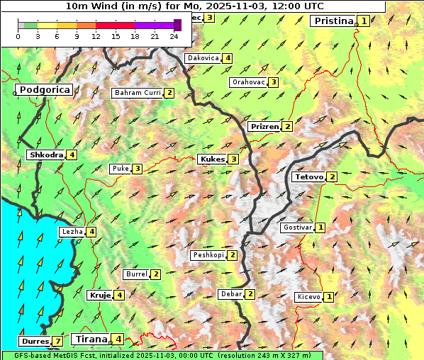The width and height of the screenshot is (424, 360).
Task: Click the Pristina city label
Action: click(x=333, y=21)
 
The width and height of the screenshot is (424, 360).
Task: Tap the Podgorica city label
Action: click(x=44, y=90)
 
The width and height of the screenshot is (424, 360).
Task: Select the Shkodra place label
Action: click(x=45, y=155)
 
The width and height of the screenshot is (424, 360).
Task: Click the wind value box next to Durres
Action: click(x=57, y=342)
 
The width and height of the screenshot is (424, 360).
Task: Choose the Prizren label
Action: click(x=264, y=127)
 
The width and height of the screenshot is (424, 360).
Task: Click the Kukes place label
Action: click(x=212, y=159)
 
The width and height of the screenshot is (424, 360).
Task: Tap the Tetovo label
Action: click(x=309, y=176)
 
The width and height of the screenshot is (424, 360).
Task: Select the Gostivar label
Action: click(x=296, y=227)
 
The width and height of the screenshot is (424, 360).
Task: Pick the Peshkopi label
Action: click(x=208, y=255)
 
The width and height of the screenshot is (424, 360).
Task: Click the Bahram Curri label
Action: click(x=138, y=93)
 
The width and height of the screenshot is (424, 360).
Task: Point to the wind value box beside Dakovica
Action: click(x=227, y=58)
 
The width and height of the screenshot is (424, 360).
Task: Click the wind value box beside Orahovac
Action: click(x=273, y=82)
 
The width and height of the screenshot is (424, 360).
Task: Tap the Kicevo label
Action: click(x=309, y=297)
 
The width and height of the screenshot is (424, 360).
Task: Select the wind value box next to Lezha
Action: click(x=91, y=232)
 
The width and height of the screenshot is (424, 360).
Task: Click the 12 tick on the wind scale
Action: click(x=96, y=36)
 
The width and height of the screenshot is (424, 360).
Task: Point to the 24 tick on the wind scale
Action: click(x=174, y=36)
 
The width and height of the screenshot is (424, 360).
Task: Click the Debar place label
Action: click(x=230, y=294)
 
